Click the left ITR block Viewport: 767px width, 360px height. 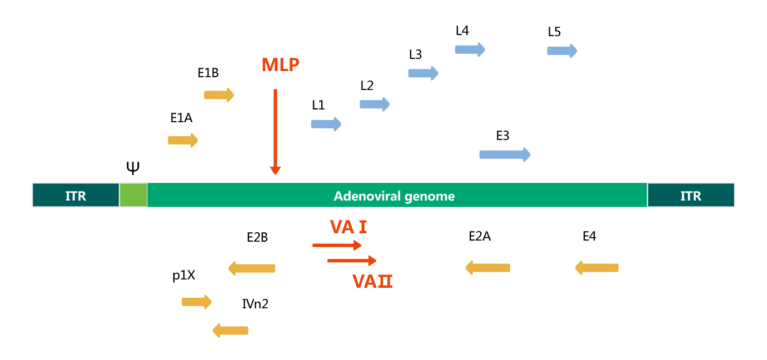click(x=76, y=195)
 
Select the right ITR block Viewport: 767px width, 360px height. click(x=690, y=195)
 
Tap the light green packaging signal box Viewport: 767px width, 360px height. click(x=133, y=195)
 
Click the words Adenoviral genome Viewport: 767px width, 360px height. click(x=394, y=196)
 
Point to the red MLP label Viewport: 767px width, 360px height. click(x=281, y=65)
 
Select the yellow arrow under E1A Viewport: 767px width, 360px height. click(x=183, y=140)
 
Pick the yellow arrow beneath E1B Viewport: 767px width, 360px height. click(x=219, y=94)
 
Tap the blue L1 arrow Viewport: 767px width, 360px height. click(x=326, y=124)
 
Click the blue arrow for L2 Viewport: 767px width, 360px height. click(x=375, y=104)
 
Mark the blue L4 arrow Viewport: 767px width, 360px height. click(x=470, y=49)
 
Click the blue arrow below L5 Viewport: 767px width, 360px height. click(x=562, y=51)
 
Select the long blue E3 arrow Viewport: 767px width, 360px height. click(x=505, y=154)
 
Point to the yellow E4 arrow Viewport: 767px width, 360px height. click(x=596, y=268)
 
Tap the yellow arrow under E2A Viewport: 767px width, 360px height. click(x=487, y=268)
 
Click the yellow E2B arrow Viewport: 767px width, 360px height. click(x=252, y=268)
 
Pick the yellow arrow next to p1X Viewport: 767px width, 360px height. click(x=197, y=302)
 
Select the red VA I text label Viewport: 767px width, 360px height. click(x=348, y=227)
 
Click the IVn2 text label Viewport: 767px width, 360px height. click(x=255, y=304)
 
